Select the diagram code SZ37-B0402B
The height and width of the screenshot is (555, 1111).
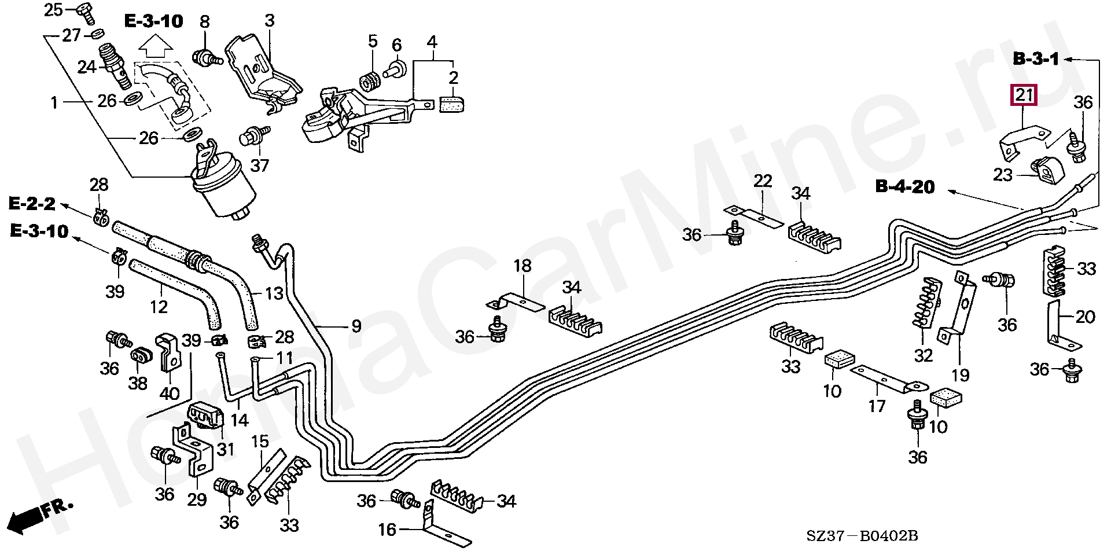point(862,536)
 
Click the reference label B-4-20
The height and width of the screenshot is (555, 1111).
point(905,186)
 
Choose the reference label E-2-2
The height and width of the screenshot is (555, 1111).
point(32,204)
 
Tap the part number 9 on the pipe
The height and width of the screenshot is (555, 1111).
point(356,326)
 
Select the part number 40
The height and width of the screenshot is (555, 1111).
point(169,393)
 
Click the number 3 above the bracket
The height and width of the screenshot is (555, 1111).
point(269,21)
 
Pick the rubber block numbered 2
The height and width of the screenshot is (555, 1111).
point(451,104)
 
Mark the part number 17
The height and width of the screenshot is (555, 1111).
point(877,406)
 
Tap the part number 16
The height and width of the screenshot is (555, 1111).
point(387,529)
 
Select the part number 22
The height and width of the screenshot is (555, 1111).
point(763,181)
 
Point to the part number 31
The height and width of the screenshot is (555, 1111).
point(226,449)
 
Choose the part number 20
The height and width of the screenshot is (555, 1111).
point(1085,317)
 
